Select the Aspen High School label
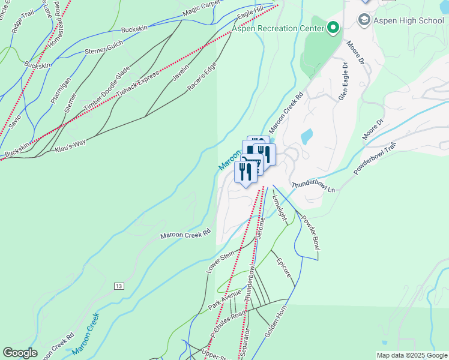pos(409,20)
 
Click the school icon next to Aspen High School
pos(363,20)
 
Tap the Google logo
pos(20,353)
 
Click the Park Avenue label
pos(224,298)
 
